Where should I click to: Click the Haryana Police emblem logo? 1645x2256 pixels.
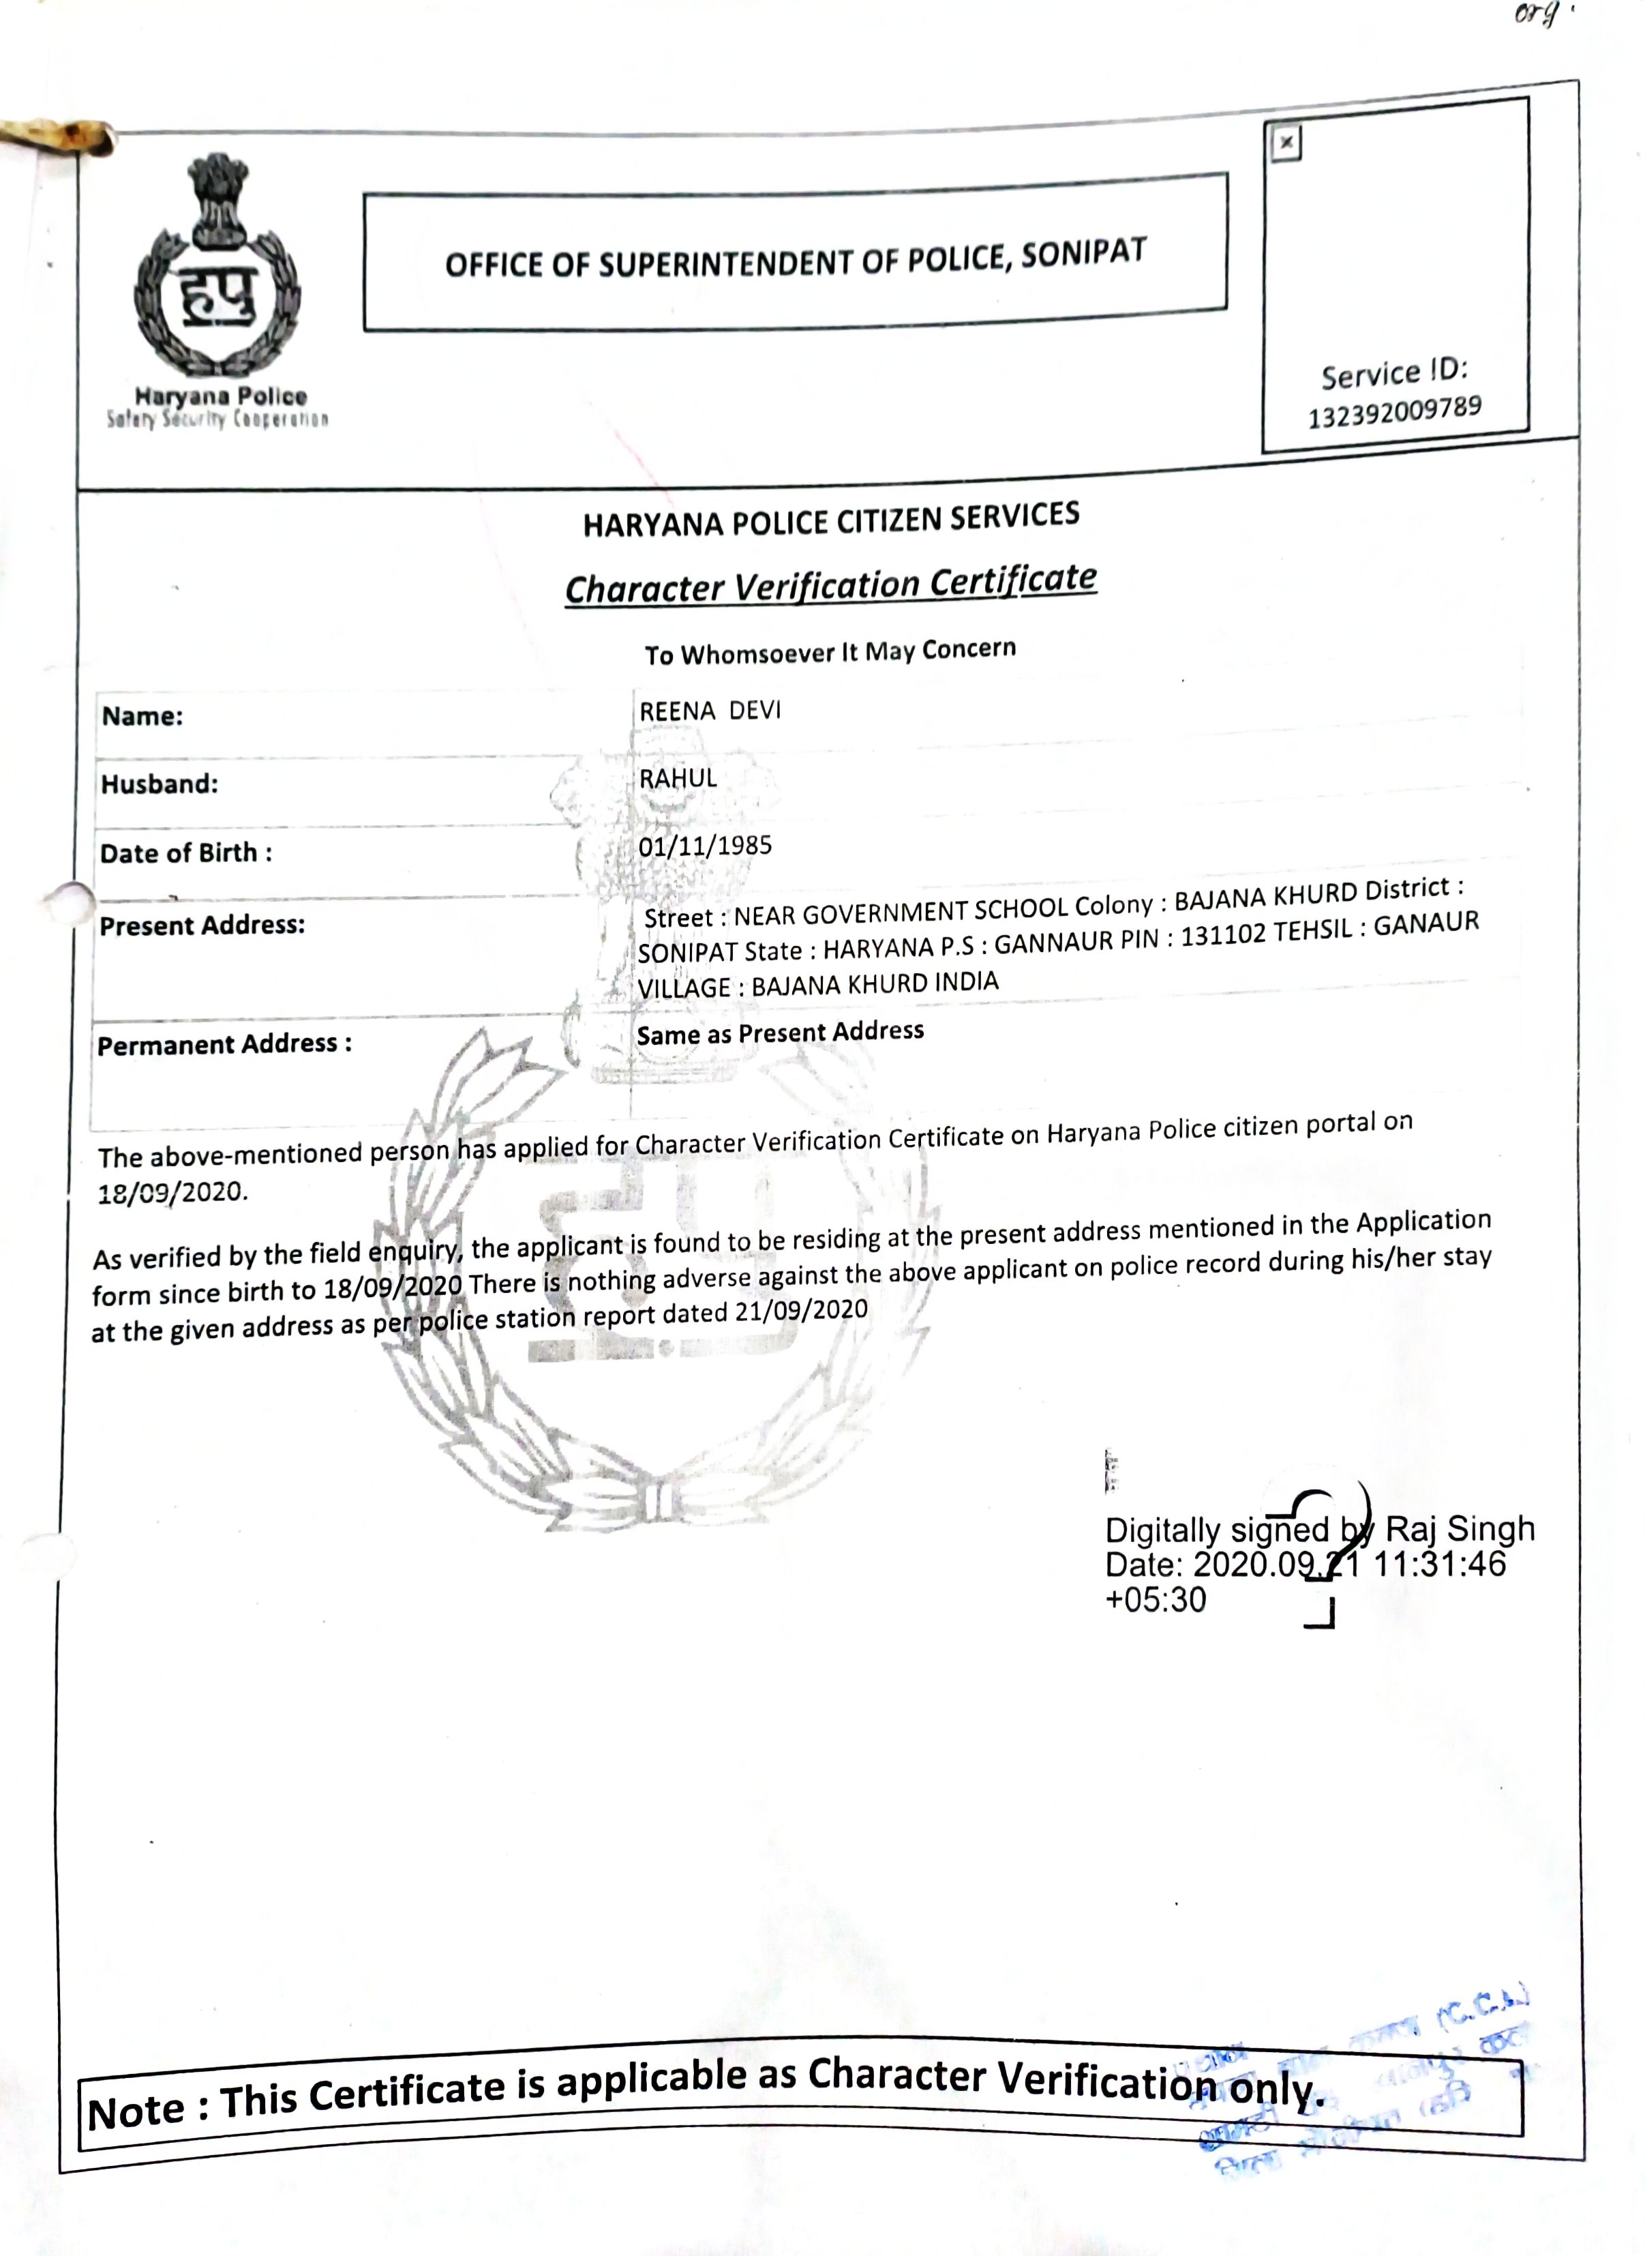[217, 274]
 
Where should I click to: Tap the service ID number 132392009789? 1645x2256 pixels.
[1394, 413]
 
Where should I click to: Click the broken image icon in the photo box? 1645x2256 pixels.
[1286, 143]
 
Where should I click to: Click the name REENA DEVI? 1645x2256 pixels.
[710, 710]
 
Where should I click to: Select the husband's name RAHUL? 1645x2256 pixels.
[678, 778]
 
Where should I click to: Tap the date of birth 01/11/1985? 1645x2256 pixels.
[705, 846]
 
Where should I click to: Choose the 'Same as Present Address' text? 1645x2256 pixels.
[780, 1032]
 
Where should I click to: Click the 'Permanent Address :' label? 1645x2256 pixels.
[224, 1044]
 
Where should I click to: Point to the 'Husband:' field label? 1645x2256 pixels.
[160, 784]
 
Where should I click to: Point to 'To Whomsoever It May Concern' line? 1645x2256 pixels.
[830, 651]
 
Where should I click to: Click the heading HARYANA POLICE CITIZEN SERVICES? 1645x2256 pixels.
[830, 520]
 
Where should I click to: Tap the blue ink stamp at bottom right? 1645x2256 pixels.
[1364, 2077]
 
